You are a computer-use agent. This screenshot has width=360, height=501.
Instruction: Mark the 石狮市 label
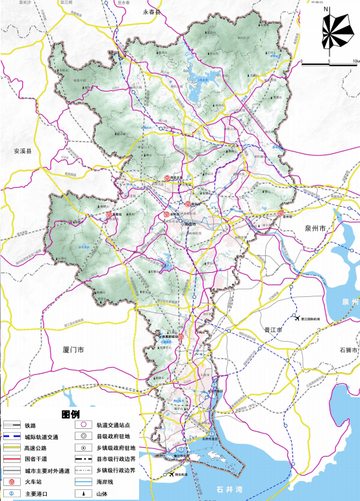(348, 350)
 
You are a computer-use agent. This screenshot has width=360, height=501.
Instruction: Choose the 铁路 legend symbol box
(11, 426)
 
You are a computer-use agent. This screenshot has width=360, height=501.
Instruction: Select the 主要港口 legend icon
(12, 494)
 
